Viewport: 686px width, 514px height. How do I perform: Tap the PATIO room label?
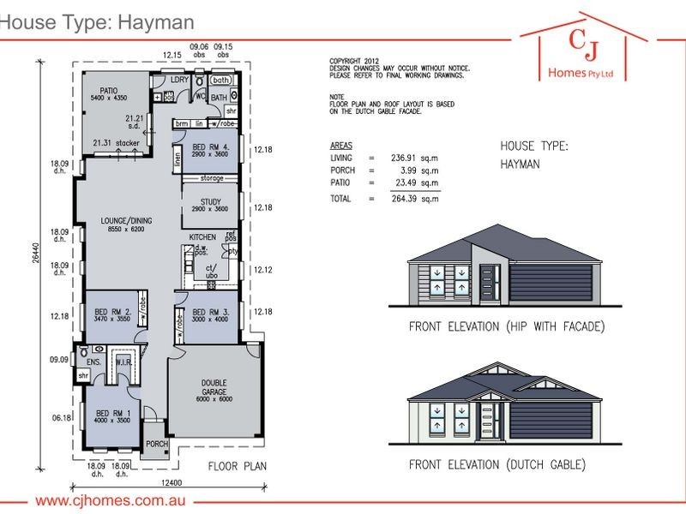108,88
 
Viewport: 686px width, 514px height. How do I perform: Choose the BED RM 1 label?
111,415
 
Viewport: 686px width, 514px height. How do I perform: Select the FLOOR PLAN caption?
239,467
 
